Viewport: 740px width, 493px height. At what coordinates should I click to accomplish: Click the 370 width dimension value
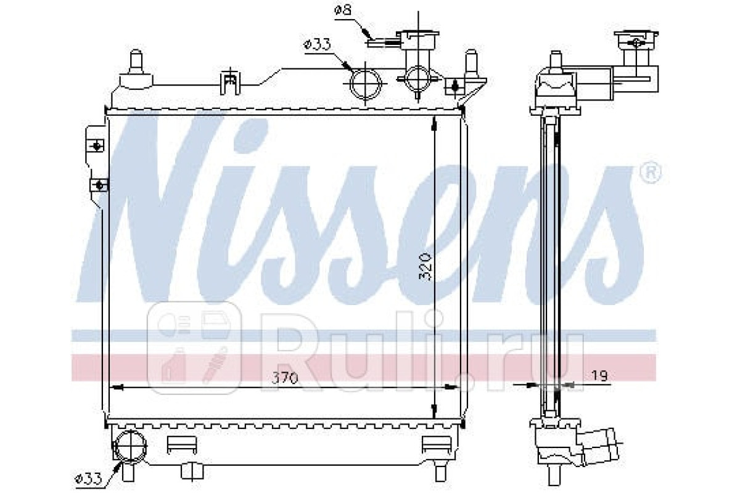click(284, 378)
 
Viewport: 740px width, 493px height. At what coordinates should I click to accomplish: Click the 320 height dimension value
click(425, 267)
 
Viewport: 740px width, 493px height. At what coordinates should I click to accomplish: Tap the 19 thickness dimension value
click(599, 376)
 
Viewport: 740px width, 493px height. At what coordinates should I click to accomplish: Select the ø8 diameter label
click(342, 10)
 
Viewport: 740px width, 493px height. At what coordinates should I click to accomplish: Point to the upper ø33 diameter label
click(317, 44)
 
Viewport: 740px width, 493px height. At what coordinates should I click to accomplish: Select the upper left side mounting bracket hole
click(96, 145)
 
